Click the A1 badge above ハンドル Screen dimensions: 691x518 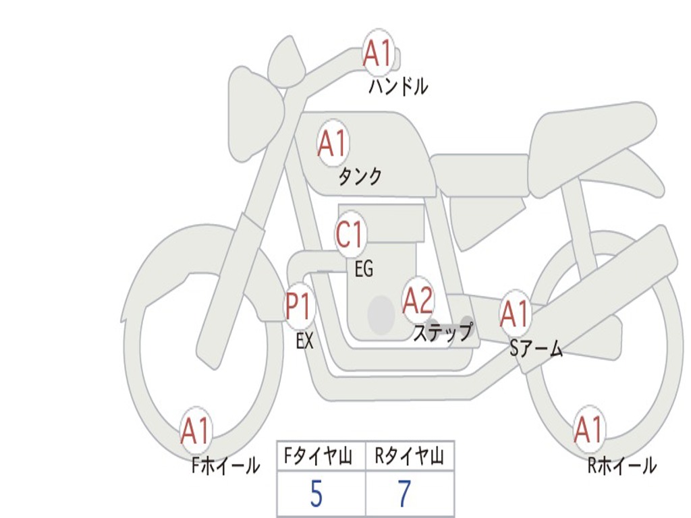pos(379,54)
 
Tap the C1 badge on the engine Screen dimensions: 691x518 pos(350,235)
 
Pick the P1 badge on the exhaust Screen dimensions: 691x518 pos(299,307)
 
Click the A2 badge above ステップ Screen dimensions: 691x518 pos(418,300)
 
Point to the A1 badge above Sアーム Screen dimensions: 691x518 pos(516,314)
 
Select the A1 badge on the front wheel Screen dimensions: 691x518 pos(196,430)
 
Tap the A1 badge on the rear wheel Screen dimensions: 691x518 pos(588,430)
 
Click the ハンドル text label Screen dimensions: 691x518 pos(398,86)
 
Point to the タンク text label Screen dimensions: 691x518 pos(360,177)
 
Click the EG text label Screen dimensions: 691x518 pos(364,270)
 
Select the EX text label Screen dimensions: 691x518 pos(304,341)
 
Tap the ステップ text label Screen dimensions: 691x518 pos(443,333)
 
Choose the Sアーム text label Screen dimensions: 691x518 pos(536,349)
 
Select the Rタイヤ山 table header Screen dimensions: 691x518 pos(409,457)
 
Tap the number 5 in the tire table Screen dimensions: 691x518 pos(316,494)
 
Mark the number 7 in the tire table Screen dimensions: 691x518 pos(404,494)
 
